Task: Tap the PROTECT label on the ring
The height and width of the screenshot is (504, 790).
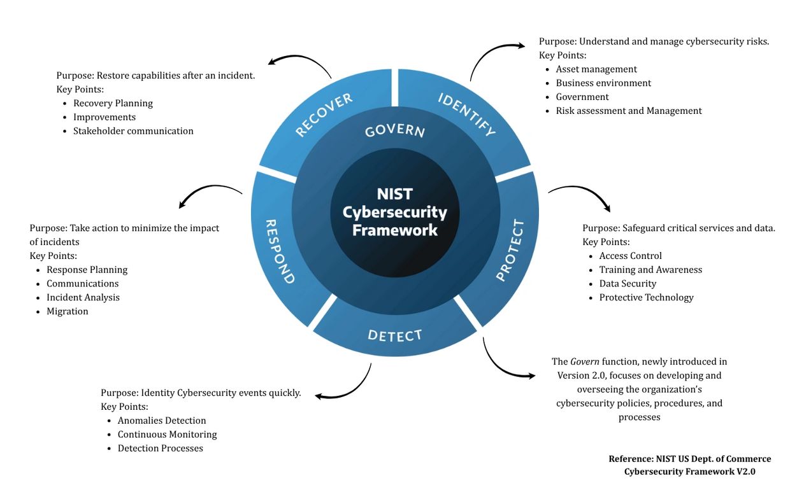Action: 511,250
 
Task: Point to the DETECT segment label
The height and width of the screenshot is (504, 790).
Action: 395,335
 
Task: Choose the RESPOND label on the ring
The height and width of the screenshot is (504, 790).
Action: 280,251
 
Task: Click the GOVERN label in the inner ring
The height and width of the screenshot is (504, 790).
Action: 395,131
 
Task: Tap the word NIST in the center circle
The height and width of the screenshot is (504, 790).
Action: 395,193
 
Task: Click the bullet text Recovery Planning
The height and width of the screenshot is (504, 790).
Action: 113,103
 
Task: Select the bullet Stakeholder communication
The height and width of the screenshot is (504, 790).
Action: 133,131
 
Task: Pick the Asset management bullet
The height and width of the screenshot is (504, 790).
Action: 596,69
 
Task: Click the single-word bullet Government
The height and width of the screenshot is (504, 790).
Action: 582,97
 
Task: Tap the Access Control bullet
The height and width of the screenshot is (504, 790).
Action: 631,256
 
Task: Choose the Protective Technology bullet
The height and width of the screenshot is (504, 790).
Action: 646,297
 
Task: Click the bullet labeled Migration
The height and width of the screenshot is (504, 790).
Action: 68,311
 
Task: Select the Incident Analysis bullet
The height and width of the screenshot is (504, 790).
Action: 83,297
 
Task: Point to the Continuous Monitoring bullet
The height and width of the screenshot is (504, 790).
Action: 167,435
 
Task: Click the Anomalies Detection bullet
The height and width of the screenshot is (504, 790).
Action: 162,421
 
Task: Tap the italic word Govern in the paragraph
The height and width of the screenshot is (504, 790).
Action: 585,361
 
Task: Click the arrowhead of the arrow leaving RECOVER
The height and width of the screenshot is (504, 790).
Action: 272,62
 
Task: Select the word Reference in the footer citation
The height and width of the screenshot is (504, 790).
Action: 631,459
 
